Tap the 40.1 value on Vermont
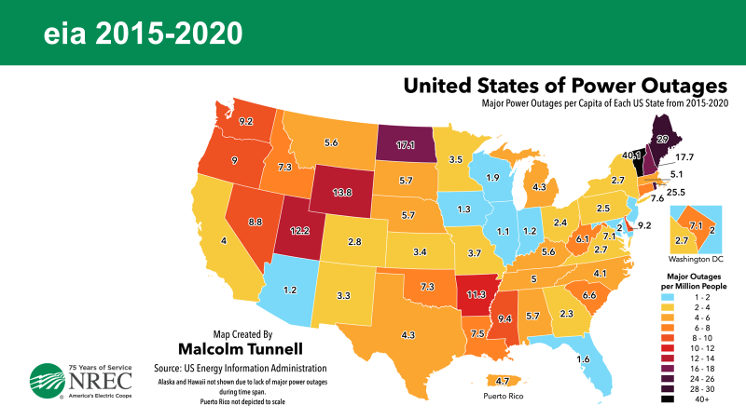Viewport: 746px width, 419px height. click(x=632, y=155)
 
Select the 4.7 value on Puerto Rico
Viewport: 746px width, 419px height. click(x=501, y=381)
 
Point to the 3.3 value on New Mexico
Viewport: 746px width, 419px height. click(x=343, y=295)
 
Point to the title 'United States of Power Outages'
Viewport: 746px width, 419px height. click(x=564, y=87)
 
